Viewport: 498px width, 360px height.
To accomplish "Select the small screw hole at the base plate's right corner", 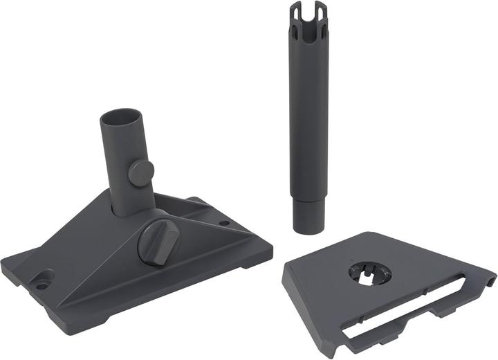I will coord(224,224).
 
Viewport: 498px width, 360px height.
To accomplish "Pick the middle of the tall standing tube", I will coord(306,118).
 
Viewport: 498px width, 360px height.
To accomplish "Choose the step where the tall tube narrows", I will coord(306,197).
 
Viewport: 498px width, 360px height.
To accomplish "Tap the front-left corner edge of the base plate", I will coord(10,267).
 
